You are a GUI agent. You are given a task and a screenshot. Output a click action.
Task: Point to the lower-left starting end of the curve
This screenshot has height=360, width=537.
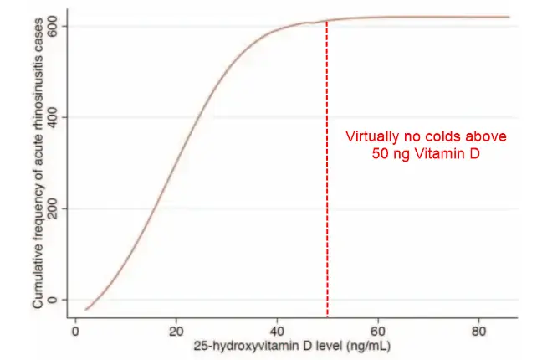(86, 310)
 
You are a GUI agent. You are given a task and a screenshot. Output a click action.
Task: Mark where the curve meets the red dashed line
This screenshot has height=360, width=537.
(326, 21)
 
